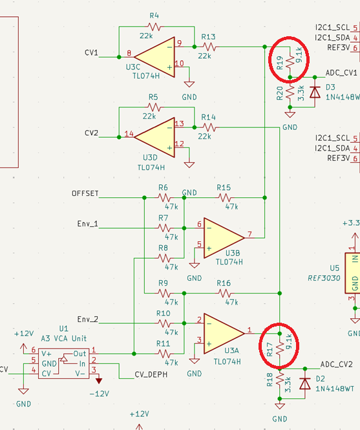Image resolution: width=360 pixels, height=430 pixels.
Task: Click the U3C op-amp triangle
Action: tap(154, 57)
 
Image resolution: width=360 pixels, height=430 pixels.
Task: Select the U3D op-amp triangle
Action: tap(154, 137)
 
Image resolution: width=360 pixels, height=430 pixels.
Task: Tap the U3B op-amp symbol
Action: tap(224, 238)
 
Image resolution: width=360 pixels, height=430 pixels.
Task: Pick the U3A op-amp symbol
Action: tap(224, 334)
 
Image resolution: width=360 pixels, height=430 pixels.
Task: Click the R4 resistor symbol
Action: tap(154, 27)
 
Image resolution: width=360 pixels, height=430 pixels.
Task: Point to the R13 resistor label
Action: tap(208, 37)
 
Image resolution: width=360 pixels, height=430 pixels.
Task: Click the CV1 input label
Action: tap(91, 52)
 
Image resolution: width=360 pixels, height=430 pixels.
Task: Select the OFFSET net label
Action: tap(85, 193)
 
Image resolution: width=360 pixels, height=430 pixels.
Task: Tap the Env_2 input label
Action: tap(88, 319)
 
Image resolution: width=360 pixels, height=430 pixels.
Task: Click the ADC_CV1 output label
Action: tap(341, 73)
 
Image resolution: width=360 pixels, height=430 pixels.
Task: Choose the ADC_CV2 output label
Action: tap(337, 365)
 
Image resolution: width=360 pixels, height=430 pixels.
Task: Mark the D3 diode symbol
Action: tap(315, 92)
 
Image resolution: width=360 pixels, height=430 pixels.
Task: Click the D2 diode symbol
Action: tap(305, 383)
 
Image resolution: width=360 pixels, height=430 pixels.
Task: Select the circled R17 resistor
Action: tap(280, 349)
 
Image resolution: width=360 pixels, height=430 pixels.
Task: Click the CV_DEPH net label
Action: tap(151, 374)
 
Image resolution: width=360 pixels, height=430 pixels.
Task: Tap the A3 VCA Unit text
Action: tap(63, 338)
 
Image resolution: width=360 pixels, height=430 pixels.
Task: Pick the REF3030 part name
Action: tap(324, 278)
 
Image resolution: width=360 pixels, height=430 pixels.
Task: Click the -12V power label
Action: tap(100, 394)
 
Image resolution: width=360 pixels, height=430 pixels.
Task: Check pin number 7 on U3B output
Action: tap(249, 234)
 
